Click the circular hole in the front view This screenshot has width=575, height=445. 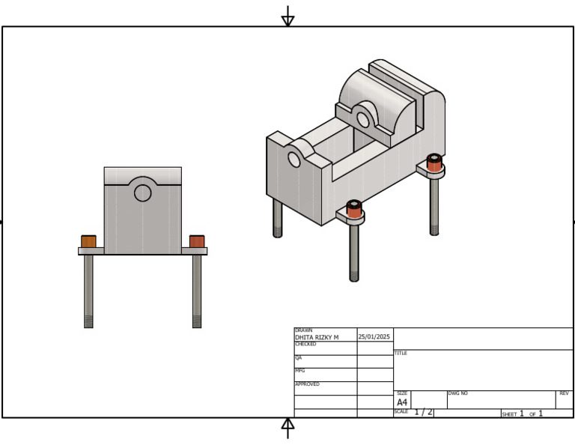pos(142,193)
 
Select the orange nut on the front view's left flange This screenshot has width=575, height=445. pos(88,241)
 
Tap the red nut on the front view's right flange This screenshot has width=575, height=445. pos(197,241)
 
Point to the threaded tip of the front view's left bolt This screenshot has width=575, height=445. pos(88,321)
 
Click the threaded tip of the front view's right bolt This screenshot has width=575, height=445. pos(197,321)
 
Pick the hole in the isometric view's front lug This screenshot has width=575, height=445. pos(294,160)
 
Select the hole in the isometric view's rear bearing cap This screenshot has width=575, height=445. pos(363,120)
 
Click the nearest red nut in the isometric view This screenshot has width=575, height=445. pos(354,209)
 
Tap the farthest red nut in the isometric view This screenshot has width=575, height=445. pos(434,163)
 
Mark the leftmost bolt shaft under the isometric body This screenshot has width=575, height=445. pos(278,218)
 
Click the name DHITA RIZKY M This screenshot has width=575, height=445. pos(317,338)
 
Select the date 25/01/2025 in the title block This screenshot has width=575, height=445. pos(374,337)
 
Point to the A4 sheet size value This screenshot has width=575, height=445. pos(402,402)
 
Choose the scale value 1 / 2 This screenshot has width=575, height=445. pos(423,413)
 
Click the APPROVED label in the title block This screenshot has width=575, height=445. pos(307,384)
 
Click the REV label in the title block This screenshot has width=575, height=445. pos(564,393)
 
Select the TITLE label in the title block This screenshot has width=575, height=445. pos(401,353)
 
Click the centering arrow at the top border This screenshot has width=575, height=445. pos(287,16)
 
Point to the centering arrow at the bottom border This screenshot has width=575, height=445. pos(287,427)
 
